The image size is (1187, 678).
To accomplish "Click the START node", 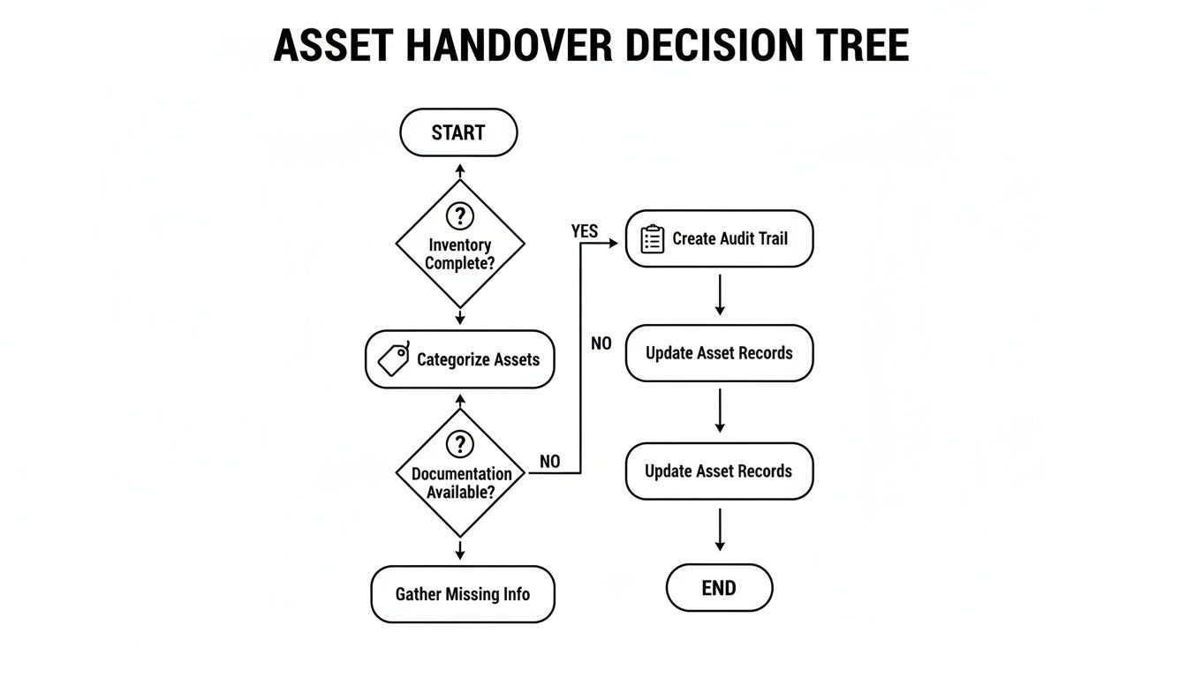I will (458, 132).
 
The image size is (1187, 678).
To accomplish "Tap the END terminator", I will (719, 588).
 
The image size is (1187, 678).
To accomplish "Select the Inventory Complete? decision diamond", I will (459, 245).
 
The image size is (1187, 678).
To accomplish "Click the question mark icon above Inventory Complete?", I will (459, 215).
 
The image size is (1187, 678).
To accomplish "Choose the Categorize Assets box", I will (459, 359).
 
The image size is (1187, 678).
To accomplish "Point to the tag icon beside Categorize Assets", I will (394, 359).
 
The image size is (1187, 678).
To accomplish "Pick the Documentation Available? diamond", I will (460, 473).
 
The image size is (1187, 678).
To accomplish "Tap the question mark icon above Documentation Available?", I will (459, 444).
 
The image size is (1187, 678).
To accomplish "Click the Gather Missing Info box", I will (462, 594).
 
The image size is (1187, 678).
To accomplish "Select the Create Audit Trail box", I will (719, 238).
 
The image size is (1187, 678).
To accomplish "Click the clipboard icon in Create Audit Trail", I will (652, 239).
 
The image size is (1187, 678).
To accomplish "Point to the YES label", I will (585, 231).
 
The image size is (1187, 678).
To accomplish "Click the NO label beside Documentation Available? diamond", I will (549, 462).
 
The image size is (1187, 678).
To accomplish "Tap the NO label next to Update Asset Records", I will (601, 343).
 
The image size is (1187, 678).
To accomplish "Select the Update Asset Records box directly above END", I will (719, 471).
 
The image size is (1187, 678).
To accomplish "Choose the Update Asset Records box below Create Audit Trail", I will (719, 353).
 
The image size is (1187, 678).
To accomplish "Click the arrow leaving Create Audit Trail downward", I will (720, 295).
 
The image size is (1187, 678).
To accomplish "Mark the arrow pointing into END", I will (720, 530).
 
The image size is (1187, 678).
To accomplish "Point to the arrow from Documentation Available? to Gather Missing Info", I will (460, 549).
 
